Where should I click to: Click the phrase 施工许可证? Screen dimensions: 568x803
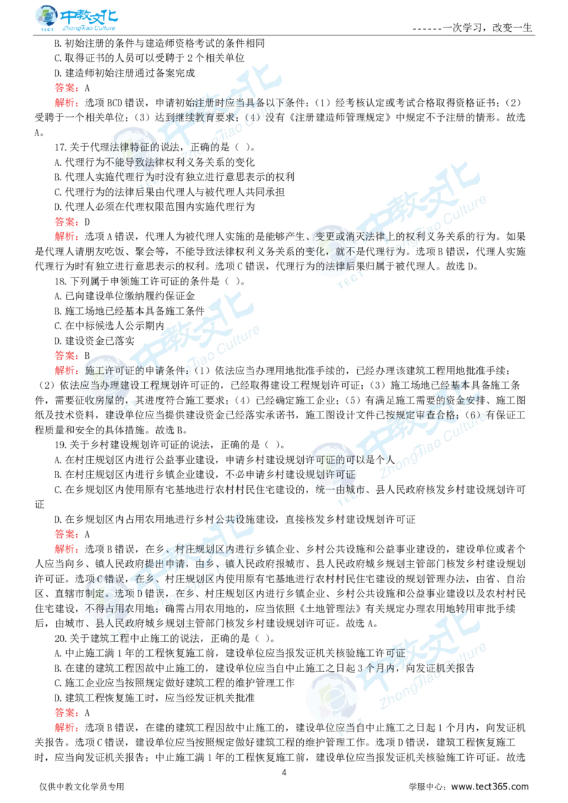(x=106, y=370)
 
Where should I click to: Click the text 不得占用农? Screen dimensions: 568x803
(x=110, y=608)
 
